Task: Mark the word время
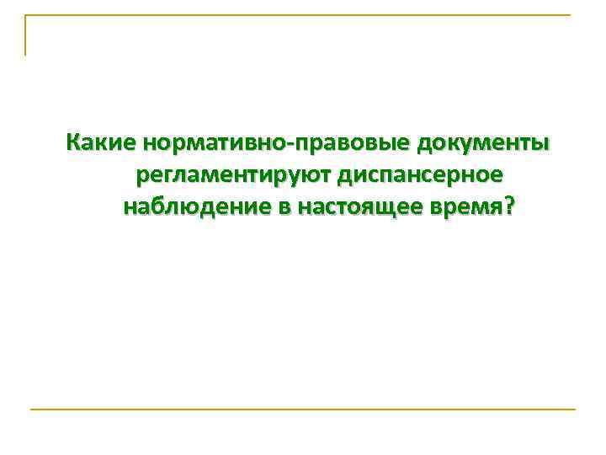(x=465, y=206)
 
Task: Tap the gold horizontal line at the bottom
(x=303, y=409)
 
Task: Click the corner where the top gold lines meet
(x=25, y=15)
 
